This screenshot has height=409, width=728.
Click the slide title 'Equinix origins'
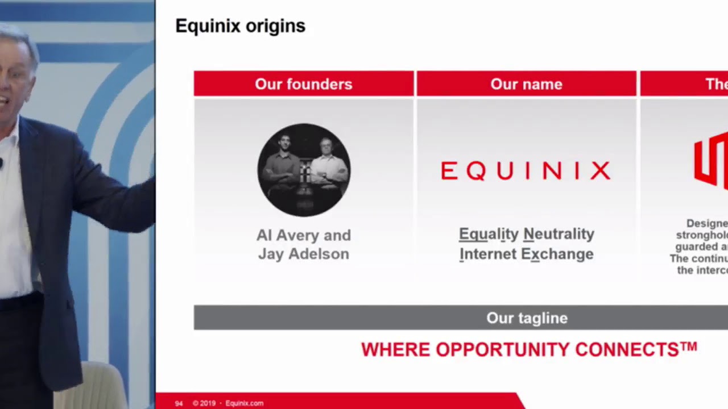[x=240, y=26]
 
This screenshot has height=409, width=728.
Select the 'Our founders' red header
[x=304, y=84]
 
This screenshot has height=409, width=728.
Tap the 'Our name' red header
[x=526, y=84]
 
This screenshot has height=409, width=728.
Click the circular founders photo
[x=304, y=170]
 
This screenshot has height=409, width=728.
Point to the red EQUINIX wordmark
[x=526, y=170]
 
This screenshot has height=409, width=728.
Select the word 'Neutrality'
[x=559, y=234]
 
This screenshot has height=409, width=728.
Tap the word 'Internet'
[x=487, y=254]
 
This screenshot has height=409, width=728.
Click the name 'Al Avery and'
[x=304, y=235]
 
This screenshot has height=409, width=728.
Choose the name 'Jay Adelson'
[x=304, y=254]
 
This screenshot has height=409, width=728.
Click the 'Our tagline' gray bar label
[x=527, y=318]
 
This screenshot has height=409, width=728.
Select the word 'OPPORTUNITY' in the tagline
[x=503, y=349]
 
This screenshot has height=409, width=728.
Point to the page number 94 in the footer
[x=179, y=403]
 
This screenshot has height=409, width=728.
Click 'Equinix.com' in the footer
[x=244, y=403]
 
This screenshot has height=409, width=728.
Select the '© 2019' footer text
[x=204, y=403]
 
